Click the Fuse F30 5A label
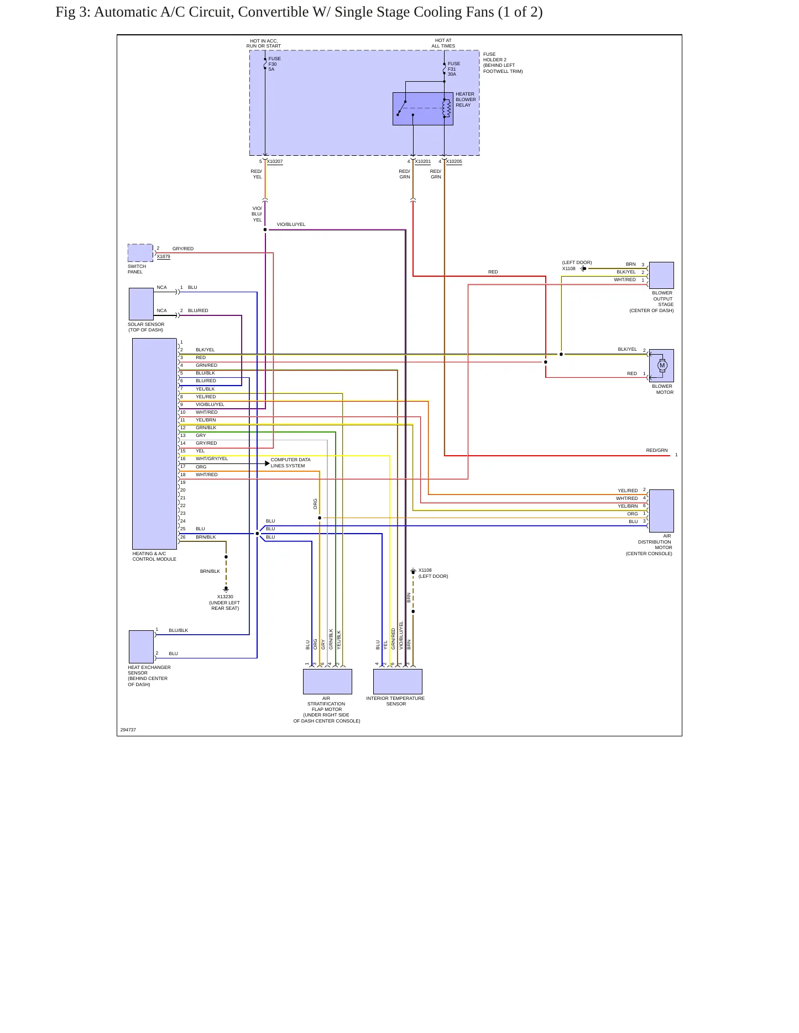[275, 64]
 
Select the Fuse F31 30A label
[454, 69]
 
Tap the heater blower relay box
[423, 109]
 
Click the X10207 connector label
[275, 162]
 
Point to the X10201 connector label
[423, 162]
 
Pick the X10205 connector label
[454, 162]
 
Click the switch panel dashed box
[140, 253]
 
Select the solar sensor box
[141, 304]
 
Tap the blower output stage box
[661, 275]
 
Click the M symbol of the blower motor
[662, 365]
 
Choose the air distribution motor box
[661, 511]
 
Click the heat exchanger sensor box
[141, 647]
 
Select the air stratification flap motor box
[327, 682]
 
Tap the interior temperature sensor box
[398, 682]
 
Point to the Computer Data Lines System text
[290, 463]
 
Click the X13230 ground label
[225, 597]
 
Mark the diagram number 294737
[128, 730]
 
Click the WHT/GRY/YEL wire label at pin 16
[212, 458]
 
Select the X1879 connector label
[164, 257]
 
